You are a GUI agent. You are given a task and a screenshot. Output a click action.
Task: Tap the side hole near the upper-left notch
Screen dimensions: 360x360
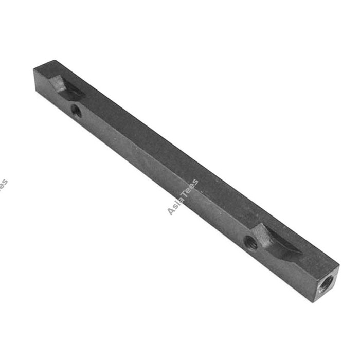coord(76,110)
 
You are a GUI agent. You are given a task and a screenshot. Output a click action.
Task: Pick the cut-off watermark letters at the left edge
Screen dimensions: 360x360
coord(3,185)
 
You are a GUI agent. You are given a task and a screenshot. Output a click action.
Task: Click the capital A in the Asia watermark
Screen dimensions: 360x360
coord(171,211)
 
